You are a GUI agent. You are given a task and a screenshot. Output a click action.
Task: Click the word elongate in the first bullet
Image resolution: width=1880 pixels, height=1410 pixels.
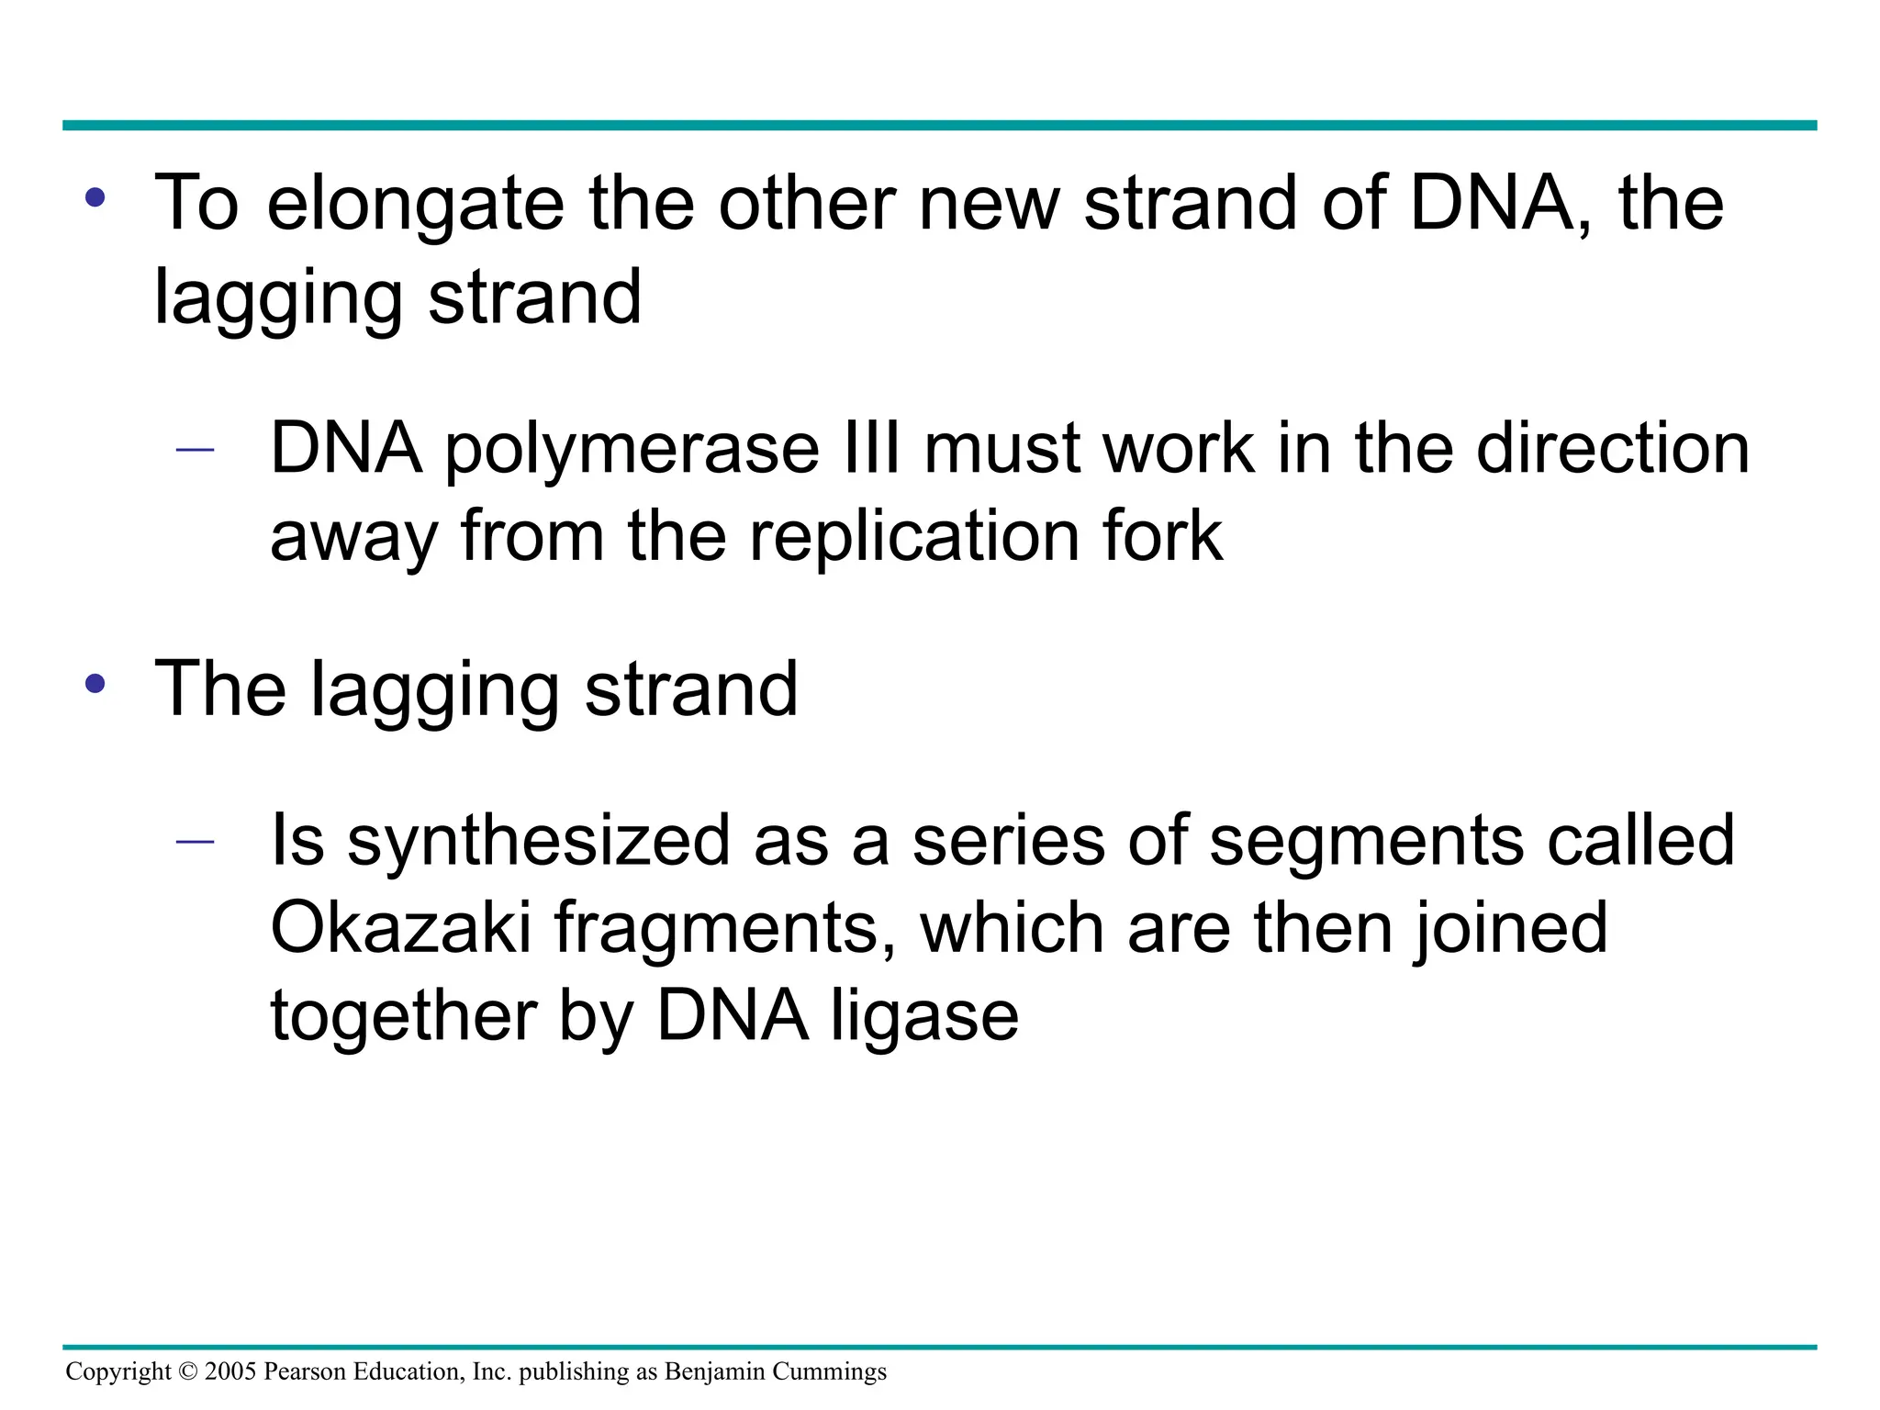[415, 204]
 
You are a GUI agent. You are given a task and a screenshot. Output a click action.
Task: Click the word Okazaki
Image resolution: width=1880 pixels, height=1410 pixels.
[401, 928]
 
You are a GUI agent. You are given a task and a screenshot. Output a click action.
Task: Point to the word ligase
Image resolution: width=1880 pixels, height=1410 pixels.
[924, 1016]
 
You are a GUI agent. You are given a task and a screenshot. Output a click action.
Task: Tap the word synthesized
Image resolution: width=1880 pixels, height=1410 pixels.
[539, 841]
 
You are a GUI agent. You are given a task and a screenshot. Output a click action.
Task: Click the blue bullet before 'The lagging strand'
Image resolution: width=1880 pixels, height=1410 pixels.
[95, 684]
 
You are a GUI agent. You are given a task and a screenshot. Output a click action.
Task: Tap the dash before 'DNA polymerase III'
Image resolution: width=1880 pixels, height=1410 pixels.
[195, 450]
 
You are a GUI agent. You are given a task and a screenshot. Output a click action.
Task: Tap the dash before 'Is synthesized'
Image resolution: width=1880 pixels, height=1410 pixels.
[195, 841]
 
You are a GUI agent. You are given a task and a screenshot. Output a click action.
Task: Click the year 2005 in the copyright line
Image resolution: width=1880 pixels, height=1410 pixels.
[230, 1372]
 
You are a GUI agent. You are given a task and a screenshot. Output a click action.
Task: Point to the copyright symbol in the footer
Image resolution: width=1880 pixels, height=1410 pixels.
[188, 1372]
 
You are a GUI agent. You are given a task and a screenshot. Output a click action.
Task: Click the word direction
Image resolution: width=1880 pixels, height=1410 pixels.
[1612, 449]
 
